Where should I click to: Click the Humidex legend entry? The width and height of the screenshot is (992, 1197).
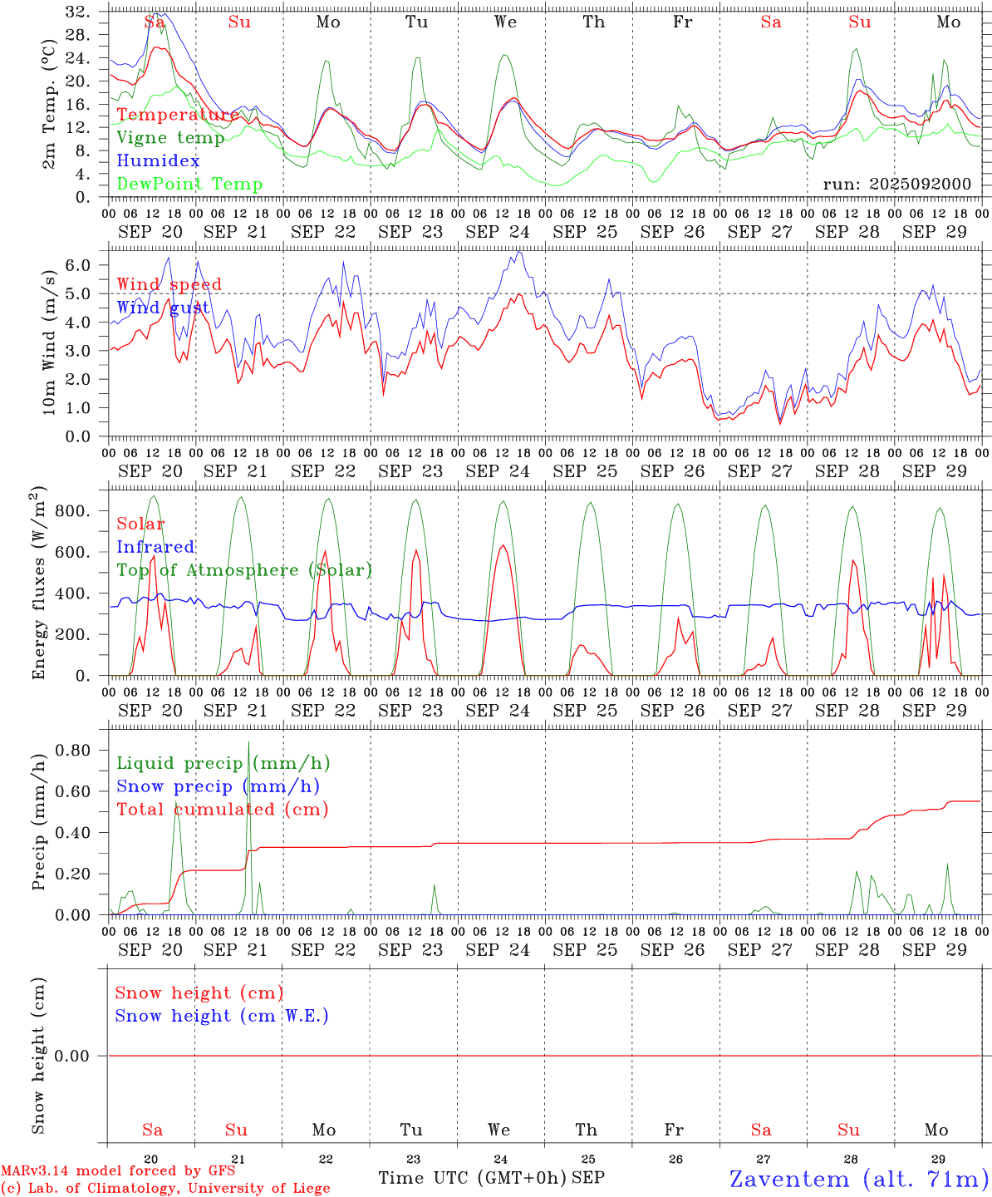pos(158,161)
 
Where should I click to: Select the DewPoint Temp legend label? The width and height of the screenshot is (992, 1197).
pos(189,185)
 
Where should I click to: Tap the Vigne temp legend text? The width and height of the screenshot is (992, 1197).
pos(170,138)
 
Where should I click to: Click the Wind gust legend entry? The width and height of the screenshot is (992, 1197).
pos(163,308)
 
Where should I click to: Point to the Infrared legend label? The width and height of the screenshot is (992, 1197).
pos(155,547)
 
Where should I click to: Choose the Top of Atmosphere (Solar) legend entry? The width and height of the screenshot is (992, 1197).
pos(244,570)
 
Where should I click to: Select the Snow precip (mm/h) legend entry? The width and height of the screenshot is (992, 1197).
pos(218,786)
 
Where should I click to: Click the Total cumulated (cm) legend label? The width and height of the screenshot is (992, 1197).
pos(222,810)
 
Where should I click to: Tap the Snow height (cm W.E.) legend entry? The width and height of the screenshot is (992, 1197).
pos(222,1016)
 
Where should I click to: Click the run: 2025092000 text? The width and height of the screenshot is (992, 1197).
pos(896,185)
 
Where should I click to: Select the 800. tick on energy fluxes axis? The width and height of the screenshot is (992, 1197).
pos(71,510)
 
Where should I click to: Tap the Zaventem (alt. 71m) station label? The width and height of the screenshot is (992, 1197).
pos(858,1179)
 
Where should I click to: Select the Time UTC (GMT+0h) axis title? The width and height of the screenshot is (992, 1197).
pos(472,1178)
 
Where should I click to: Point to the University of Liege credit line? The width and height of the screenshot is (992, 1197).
pos(165,1189)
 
